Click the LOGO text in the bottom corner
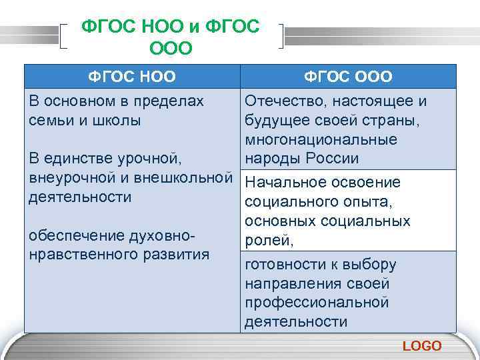click(x=422, y=345)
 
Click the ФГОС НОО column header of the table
click(x=133, y=77)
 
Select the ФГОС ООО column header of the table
click(x=348, y=77)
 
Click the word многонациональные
click(x=331, y=140)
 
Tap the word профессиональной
click(x=317, y=303)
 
